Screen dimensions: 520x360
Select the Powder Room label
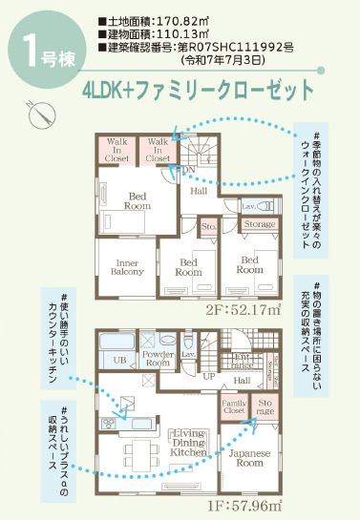tap(156, 358)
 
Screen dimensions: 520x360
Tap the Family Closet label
tap(234, 407)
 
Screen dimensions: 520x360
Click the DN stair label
tap(190, 170)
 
